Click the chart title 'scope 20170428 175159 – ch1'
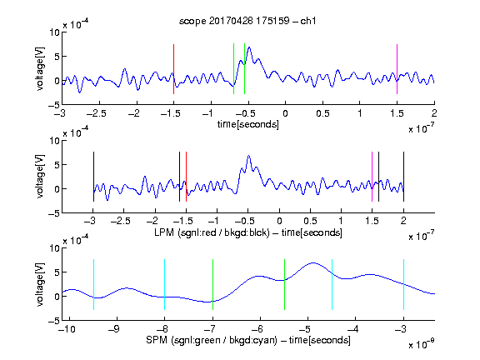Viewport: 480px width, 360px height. pos(247,21)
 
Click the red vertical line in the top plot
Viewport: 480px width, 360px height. pos(173,69)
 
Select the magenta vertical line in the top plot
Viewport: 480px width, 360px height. pos(397,69)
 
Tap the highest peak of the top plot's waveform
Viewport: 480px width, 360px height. pos(249,47)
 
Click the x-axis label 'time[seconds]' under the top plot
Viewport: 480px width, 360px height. pos(248,124)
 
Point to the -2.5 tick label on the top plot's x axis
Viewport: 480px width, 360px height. pos(97,113)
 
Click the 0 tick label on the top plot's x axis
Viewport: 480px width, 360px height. pos(285,113)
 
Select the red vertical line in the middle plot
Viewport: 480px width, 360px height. pos(186,177)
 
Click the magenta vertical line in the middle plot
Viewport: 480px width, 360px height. pos(372,177)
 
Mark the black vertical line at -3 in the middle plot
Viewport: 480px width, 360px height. pos(93,177)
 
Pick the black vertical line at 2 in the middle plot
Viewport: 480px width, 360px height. pos(403,177)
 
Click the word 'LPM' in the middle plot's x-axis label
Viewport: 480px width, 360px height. pos(164,232)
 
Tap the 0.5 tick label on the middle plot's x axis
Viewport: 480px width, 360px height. pos(310,221)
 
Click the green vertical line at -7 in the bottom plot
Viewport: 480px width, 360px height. pos(212,284)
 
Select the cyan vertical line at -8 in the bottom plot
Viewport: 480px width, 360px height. pos(164,284)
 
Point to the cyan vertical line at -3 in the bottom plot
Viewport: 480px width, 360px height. pos(403,284)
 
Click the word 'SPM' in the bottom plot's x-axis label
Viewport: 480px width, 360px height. pos(157,340)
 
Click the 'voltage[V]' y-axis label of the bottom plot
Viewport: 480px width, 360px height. pos(40,284)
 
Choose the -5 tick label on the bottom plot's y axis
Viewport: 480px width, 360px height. pos(54,321)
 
